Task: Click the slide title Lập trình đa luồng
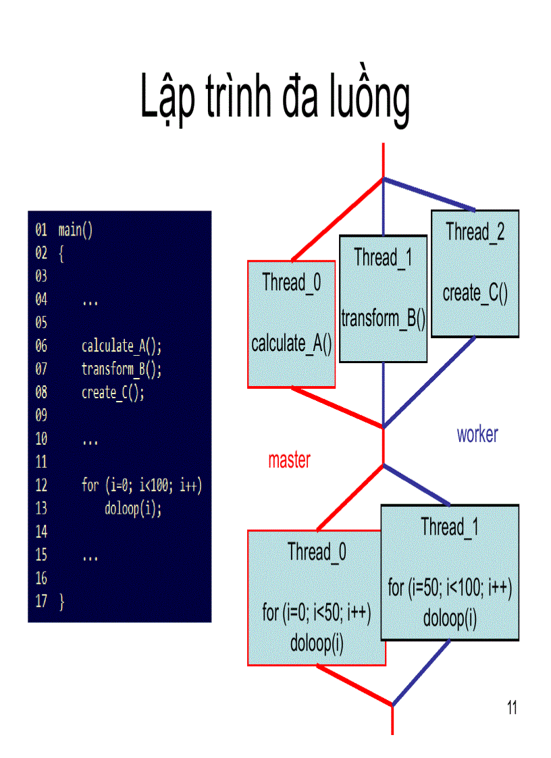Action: (x=275, y=99)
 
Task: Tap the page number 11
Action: (x=511, y=707)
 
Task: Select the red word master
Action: (x=289, y=460)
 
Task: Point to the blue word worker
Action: (x=477, y=434)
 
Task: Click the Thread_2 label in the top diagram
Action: (x=475, y=232)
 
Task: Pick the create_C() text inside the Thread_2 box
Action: (x=475, y=294)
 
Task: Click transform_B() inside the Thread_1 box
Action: (x=383, y=319)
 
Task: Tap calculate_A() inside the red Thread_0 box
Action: (x=292, y=344)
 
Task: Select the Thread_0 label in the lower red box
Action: (x=317, y=551)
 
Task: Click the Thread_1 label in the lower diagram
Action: (x=450, y=526)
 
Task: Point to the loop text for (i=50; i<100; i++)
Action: (x=450, y=588)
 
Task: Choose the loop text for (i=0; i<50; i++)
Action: (x=317, y=613)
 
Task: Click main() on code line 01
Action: (x=76, y=229)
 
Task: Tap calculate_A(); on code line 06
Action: (x=122, y=346)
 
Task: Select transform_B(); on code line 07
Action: (x=122, y=369)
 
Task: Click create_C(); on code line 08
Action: (x=113, y=393)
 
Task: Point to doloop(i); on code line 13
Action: (x=133, y=509)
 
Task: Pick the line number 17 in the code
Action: (x=41, y=601)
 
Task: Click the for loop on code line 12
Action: (x=142, y=486)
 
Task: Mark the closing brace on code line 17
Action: (x=62, y=601)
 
